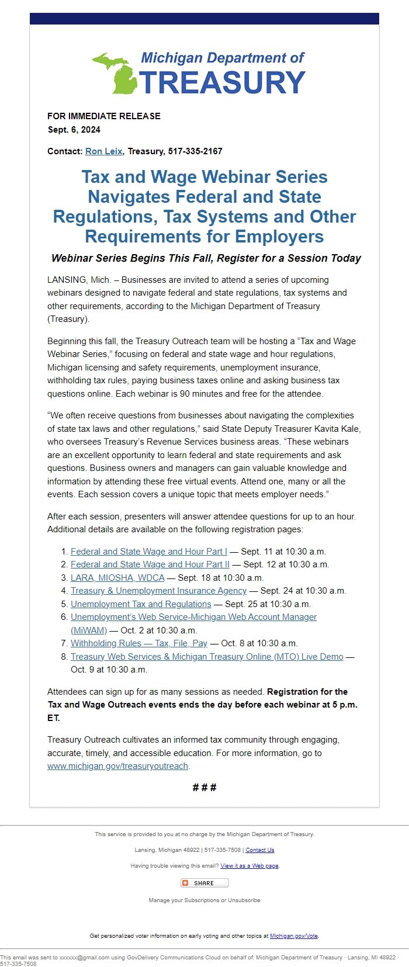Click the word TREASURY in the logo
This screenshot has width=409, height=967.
223,82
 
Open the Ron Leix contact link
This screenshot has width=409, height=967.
103,151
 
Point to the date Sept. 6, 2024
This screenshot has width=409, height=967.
74,130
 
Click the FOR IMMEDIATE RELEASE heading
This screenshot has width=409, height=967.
104,116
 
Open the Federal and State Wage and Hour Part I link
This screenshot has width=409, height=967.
148,552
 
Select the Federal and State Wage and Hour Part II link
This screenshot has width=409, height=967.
150,564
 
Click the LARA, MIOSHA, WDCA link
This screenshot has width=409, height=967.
117,578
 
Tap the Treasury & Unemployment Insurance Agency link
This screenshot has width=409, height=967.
158,591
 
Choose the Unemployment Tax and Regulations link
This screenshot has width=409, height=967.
141,604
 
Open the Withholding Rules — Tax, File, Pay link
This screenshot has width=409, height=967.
138,643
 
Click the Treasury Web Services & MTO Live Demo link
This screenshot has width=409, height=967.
207,657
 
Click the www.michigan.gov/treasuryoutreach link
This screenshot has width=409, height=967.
117,766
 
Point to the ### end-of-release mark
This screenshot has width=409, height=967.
204,788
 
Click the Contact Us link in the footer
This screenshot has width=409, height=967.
259,850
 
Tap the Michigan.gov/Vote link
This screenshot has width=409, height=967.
294,936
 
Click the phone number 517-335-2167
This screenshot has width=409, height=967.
195,151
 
